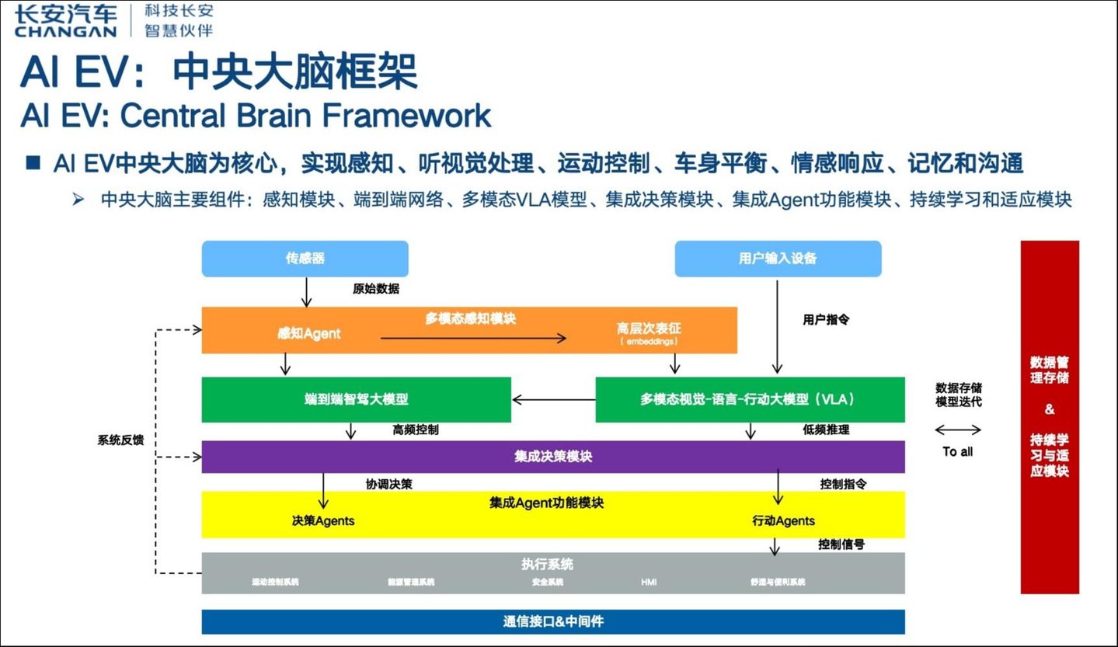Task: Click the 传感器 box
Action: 305,259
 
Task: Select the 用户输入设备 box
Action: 778,259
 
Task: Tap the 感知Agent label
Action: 309,333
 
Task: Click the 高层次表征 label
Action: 648,329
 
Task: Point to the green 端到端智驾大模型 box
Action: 356,399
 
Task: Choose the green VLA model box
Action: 750,399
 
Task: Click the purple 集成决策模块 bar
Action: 552,457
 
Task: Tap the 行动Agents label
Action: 783,520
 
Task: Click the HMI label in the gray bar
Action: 649,582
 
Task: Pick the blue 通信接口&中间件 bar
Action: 552,621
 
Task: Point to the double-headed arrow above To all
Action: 957,430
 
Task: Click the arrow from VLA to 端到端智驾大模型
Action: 553,400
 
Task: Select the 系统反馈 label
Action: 120,440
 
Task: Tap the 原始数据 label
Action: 376,288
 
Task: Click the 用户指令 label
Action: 825,318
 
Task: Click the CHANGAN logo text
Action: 65,32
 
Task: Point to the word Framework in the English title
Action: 406,116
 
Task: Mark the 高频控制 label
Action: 415,430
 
